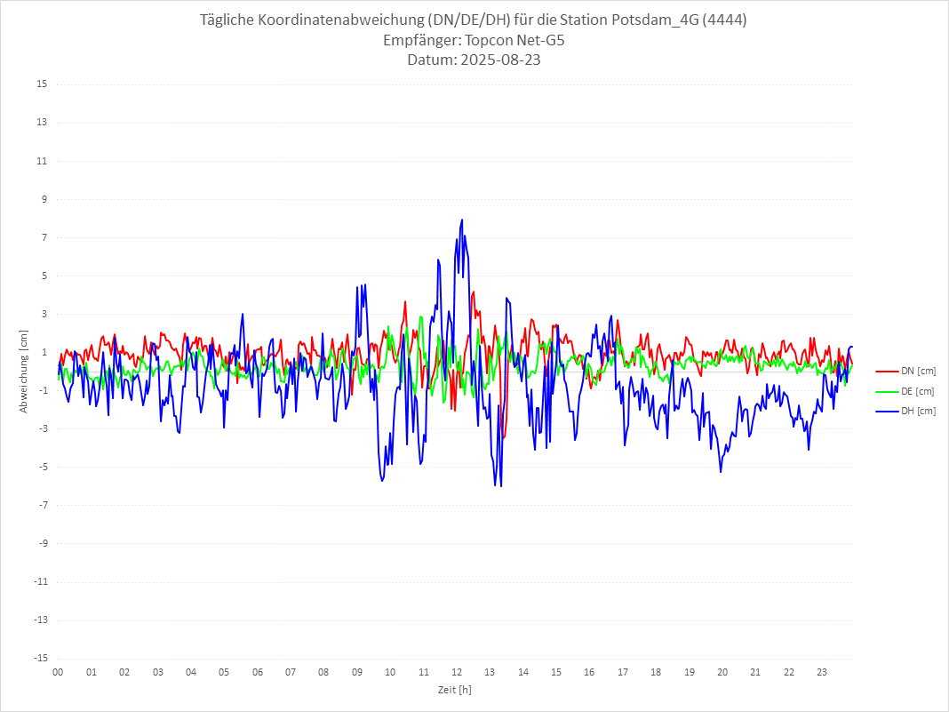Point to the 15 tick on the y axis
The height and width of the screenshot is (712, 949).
click(42, 84)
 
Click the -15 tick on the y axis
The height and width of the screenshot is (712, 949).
click(40, 658)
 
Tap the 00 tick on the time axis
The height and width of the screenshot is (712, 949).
click(58, 672)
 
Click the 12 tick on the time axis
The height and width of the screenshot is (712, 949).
click(457, 672)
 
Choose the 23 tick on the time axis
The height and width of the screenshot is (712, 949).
click(823, 672)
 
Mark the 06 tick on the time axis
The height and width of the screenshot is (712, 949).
click(258, 672)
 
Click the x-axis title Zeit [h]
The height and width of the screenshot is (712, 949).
click(454, 690)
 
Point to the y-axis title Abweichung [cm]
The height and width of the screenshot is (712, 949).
click(24, 372)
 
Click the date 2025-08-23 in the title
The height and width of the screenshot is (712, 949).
click(474, 60)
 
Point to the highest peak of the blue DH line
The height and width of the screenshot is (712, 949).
click(462, 220)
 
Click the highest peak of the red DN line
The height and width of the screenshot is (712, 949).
click(474, 292)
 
